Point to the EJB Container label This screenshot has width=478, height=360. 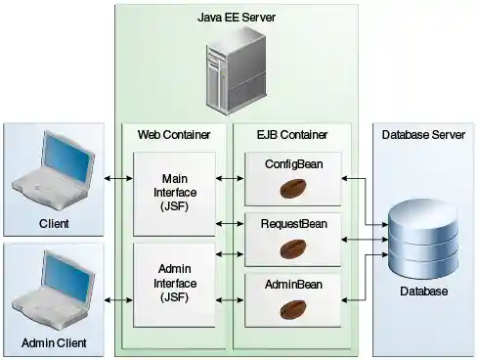coord(293,133)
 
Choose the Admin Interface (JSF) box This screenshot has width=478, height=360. coord(173,284)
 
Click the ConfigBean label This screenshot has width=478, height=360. coord(293,163)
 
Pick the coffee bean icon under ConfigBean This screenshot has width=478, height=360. coord(293,188)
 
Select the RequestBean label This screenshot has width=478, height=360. coord(293,224)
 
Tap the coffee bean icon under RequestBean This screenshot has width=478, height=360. coord(293,248)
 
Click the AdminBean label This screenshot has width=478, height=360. coord(293,284)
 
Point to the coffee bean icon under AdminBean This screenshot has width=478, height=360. coord(293,308)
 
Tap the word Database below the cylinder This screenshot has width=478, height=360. coord(423,292)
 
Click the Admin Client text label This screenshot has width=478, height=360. coord(54,343)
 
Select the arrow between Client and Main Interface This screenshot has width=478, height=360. coord(118,178)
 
